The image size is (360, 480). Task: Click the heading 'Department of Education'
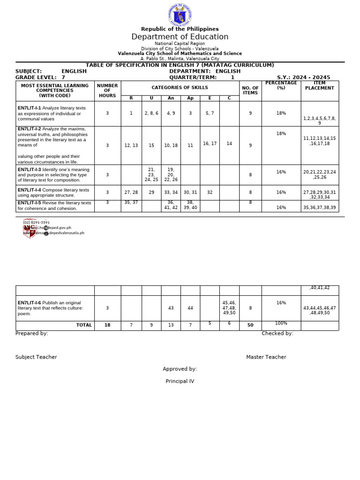pos(180,37)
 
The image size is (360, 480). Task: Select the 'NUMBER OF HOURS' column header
pos(107,91)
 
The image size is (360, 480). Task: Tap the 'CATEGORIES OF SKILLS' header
pos(180,88)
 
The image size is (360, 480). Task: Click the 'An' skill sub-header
pos(171,98)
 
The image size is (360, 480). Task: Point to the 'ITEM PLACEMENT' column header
pos(319,85)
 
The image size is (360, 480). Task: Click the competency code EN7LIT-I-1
pos(29,108)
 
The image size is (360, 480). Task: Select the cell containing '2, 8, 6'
pos(151,113)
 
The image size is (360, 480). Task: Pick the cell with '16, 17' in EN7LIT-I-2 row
pos(210,143)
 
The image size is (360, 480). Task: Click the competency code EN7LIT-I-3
pos(29,170)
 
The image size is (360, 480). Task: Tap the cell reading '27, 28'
pos(131,192)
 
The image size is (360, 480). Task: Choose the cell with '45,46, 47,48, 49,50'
pos(229,308)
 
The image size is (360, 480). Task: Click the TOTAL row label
pos(84,325)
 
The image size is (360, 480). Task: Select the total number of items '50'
pos(250,325)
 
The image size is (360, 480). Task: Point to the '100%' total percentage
pos(281,323)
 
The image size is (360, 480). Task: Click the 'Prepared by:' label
pos(32,333)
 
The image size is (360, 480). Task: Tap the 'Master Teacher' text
pos(266,357)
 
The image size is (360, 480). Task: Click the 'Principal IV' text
pos(180,382)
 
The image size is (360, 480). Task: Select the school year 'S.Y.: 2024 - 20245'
pos(303,77)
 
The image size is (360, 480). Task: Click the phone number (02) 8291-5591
pos(37,222)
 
